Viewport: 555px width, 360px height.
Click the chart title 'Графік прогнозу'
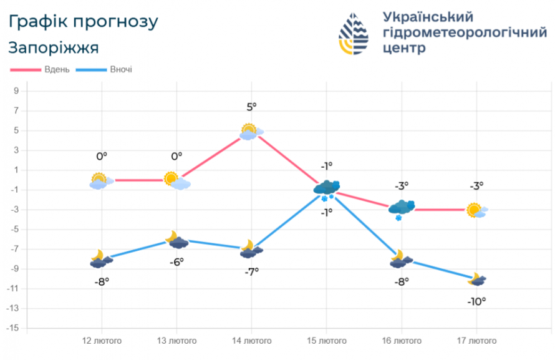click(x=83, y=22)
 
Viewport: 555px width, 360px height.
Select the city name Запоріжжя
click(x=54, y=47)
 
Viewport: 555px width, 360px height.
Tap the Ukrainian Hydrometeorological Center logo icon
click(x=354, y=34)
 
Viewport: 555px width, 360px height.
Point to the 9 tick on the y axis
click(x=16, y=91)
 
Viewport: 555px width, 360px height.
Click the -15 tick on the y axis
click(x=14, y=328)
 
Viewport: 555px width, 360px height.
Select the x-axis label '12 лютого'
click(x=102, y=341)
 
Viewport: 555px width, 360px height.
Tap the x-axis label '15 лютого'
click(x=326, y=341)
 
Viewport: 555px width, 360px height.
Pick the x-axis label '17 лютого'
click(x=476, y=341)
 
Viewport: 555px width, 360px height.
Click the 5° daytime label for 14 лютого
click(x=251, y=107)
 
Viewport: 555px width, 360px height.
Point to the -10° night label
click(x=476, y=301)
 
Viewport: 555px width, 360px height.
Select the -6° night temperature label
click(x=176, y=262)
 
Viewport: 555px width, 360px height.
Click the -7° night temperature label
click(x=251, y=271)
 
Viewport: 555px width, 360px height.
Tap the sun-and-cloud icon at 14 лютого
click(x=251, y=132)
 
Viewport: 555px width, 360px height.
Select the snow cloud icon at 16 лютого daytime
click(x=401, y=208)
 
